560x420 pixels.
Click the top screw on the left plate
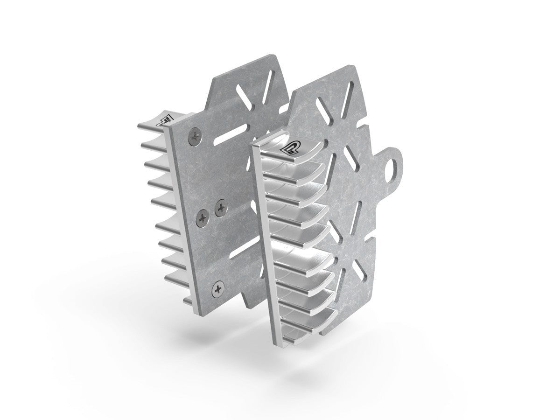pyautogui.click(x=195, y=136)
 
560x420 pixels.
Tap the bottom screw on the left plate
pyautogui.click(x=217, y=289)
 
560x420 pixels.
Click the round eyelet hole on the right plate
pyautogui.click(x=396, y=167)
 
